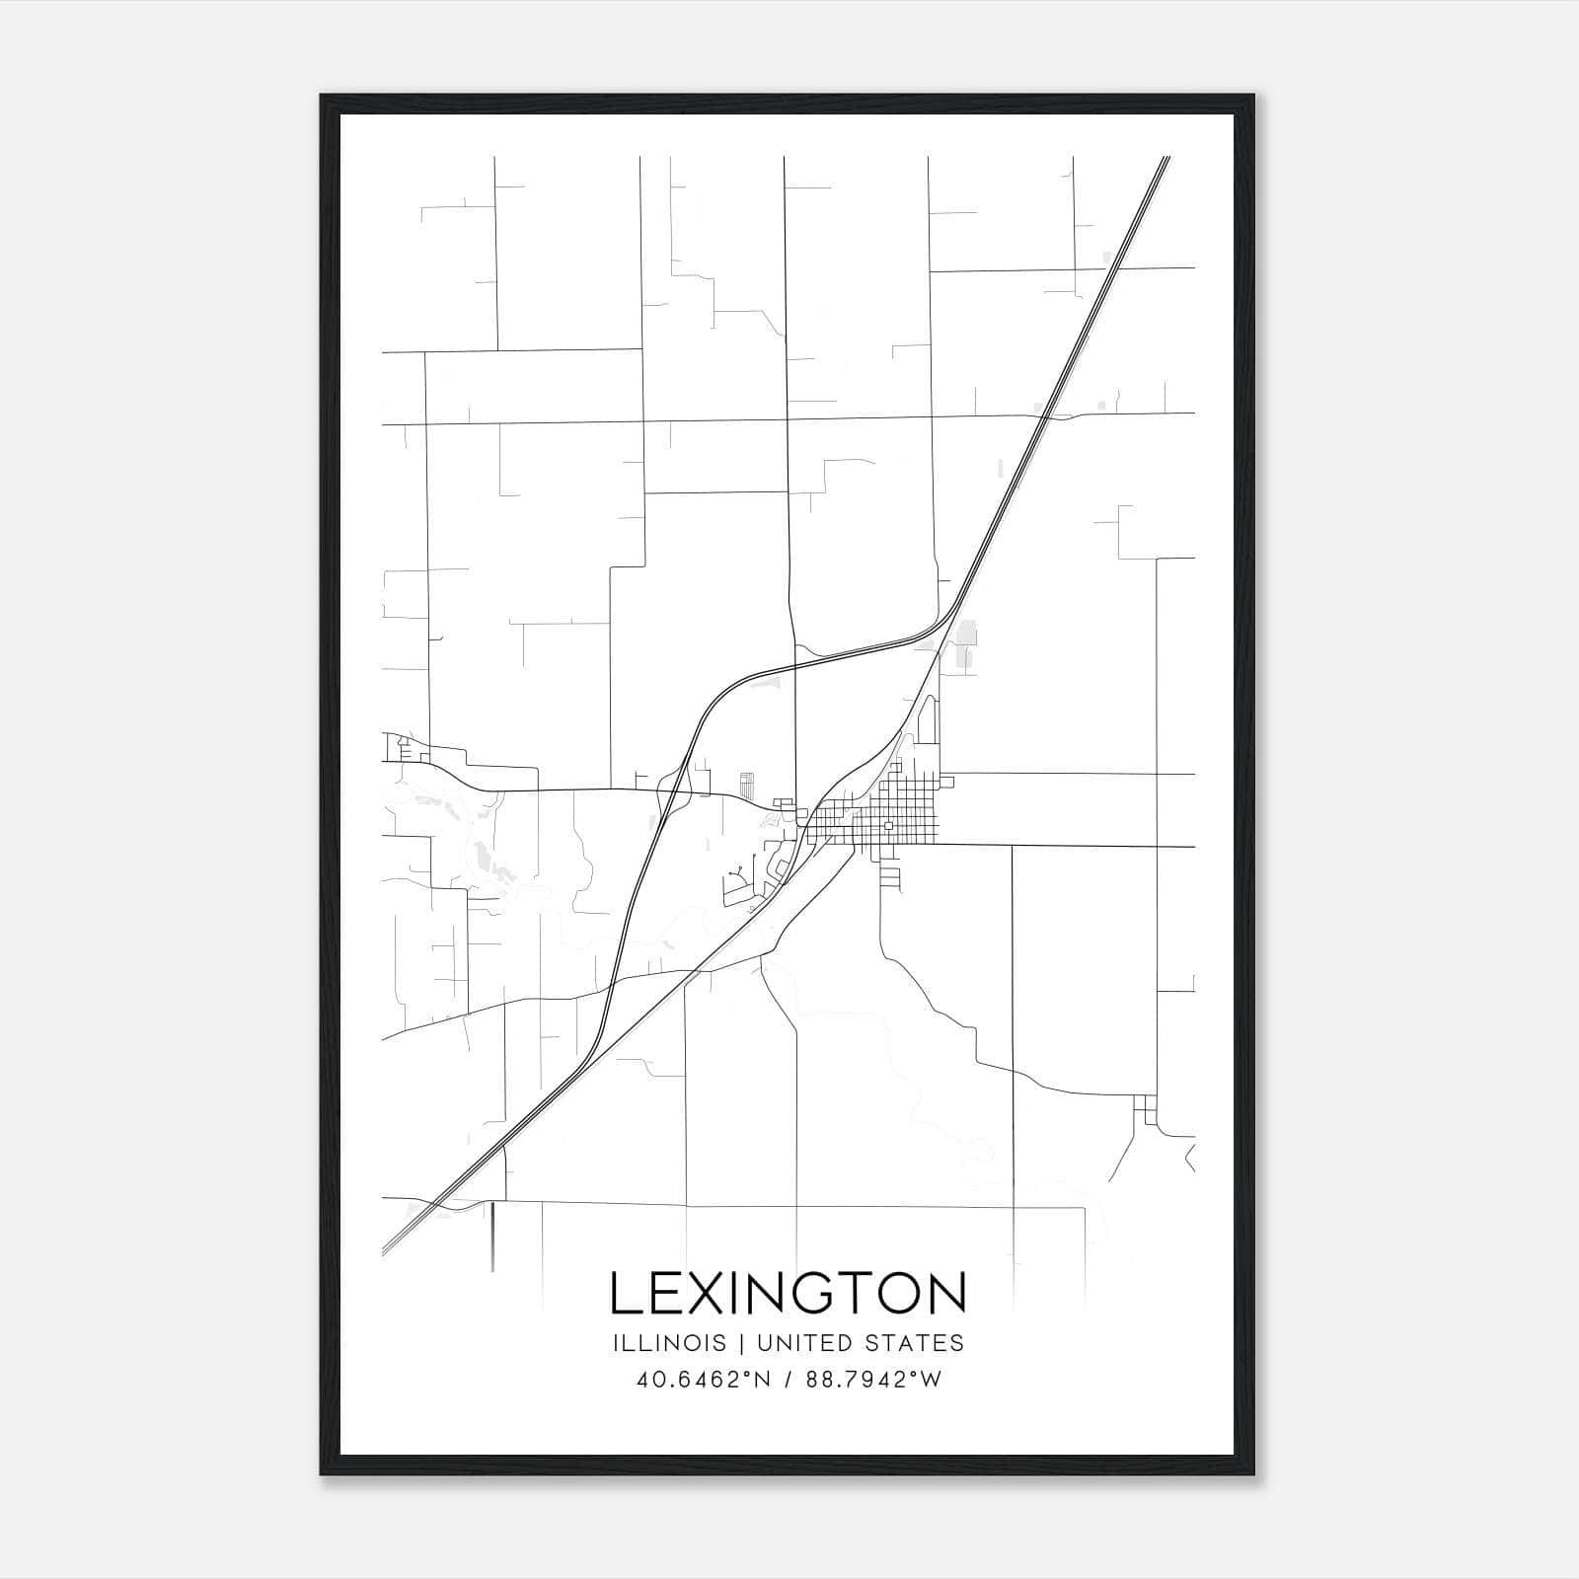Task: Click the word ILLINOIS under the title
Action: pos(669,1343)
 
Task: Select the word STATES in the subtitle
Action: pos(920,1343)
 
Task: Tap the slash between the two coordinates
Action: pos(787,1380)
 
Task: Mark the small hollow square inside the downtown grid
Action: pos(888,825)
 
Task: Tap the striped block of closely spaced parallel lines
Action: pos(746,786)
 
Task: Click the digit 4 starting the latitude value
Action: pos(643,1380)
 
